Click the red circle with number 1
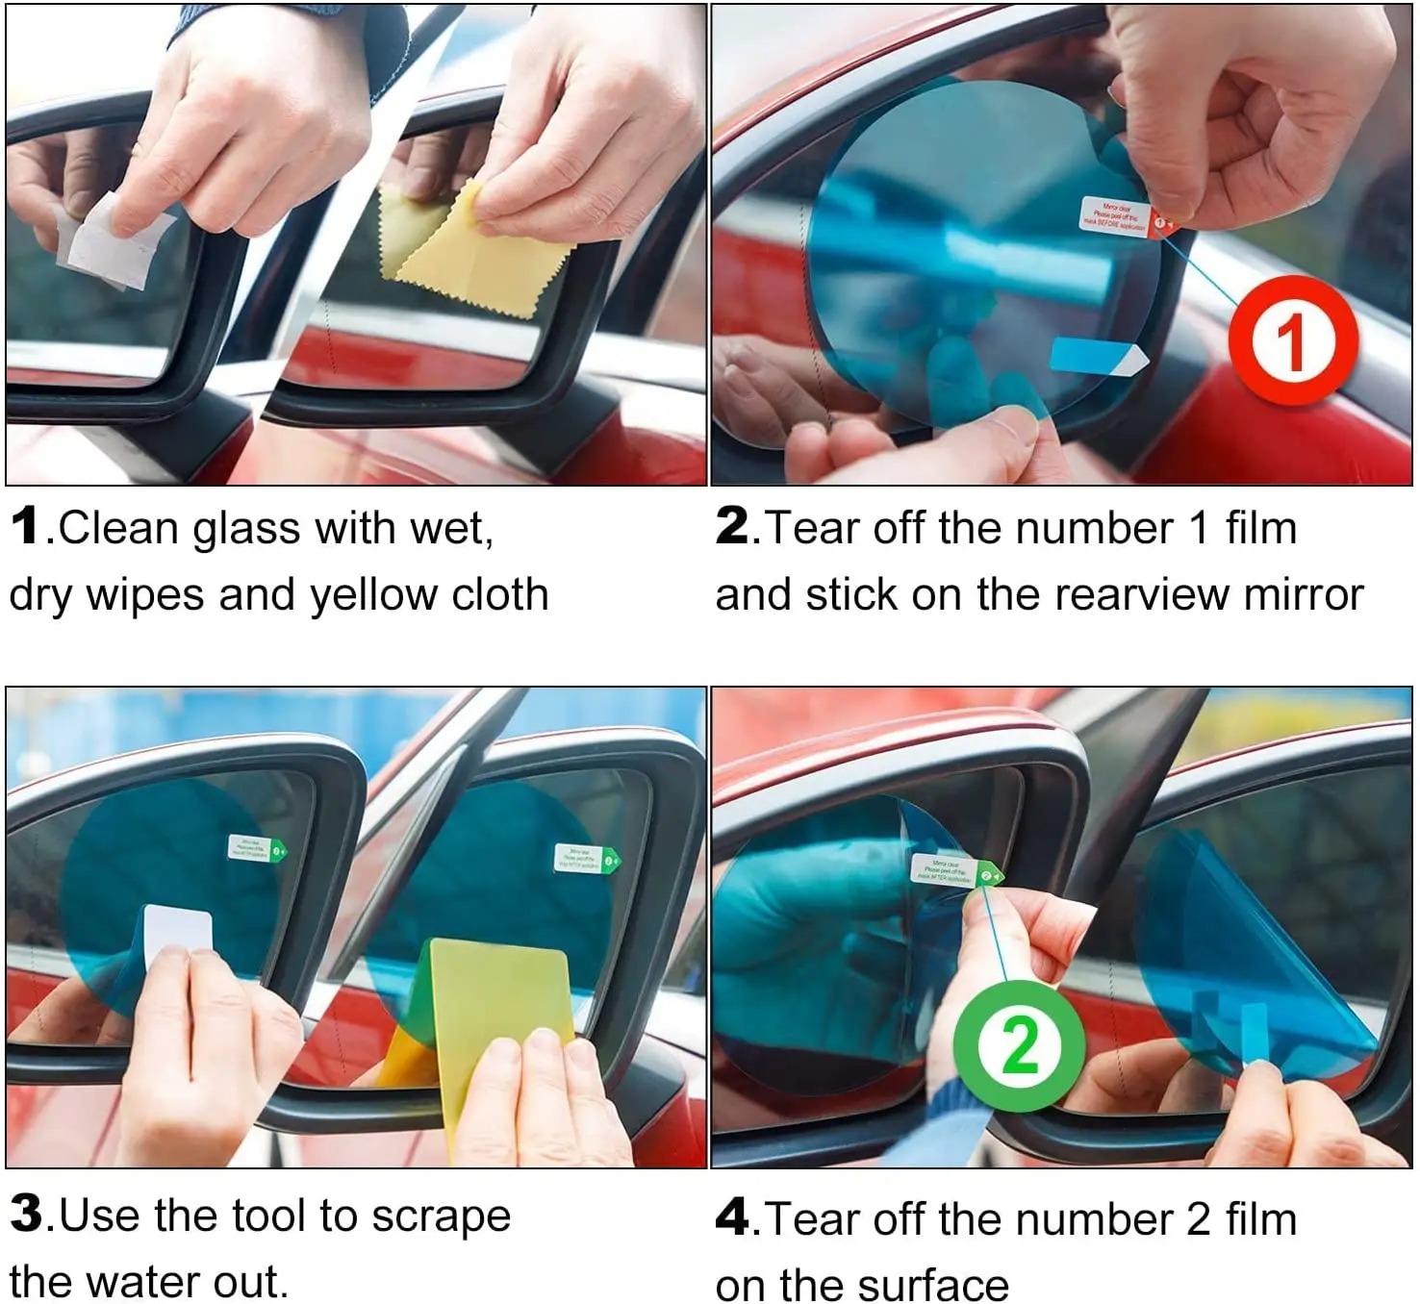pos(1292,341)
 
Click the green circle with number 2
pos(1019,1045)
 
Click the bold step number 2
pos(732,527)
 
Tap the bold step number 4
pos(733,1217)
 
